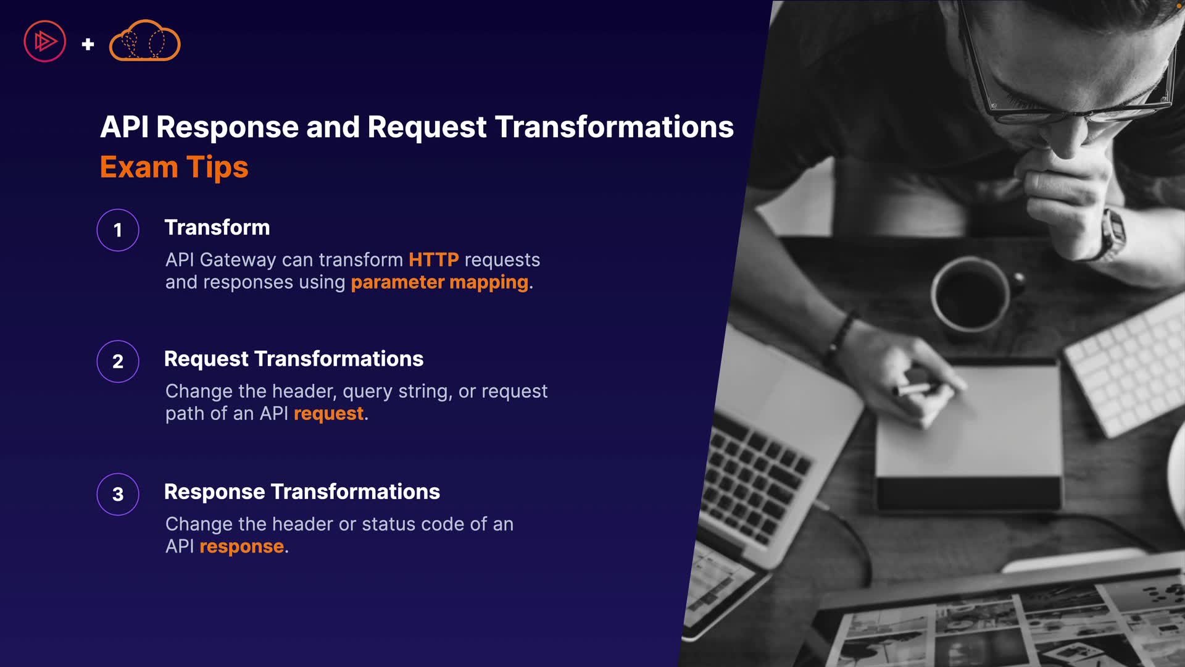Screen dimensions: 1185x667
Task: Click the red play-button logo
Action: (44, 41)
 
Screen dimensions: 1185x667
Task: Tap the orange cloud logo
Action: (144, 41)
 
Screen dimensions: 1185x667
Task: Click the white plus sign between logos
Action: (88, 44)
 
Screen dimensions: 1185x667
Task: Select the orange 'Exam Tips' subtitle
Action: (174, 167)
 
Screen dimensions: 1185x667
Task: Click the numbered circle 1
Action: (118, 230)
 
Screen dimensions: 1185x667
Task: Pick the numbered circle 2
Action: (118, 361)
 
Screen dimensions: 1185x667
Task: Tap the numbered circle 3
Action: (118, 494)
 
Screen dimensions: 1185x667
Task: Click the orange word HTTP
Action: (434, 259)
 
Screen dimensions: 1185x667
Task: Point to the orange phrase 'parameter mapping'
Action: (440, 282)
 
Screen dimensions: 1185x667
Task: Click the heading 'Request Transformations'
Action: (294, 359)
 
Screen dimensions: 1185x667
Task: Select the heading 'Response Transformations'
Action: (302, 492)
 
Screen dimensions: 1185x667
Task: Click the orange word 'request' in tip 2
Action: (329, 414)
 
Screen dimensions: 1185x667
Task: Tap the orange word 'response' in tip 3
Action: (242, 547)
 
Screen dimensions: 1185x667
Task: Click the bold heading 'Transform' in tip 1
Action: (217, 227)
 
